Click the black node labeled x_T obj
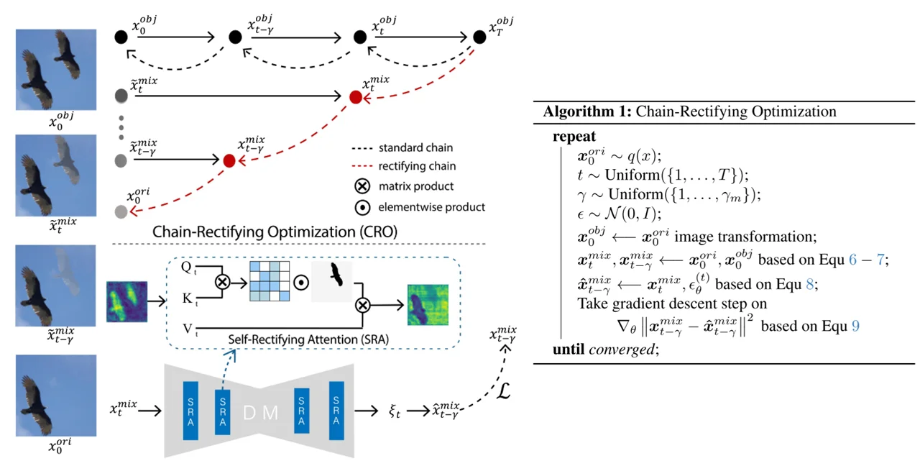[x=481, y=37]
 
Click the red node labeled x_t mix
[x=355, y=96]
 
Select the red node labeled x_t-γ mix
[x=229, y=160]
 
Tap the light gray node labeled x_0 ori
[x=121, y=212]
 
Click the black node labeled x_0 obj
[x=121, y=37]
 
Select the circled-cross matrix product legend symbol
[x=361, y=187]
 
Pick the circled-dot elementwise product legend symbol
[x=361, y=207]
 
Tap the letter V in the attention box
[x=186, y=328]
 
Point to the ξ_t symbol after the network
[x=395, y=411]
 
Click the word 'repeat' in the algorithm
[x=574, y=136]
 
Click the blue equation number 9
[x=855, y=326]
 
